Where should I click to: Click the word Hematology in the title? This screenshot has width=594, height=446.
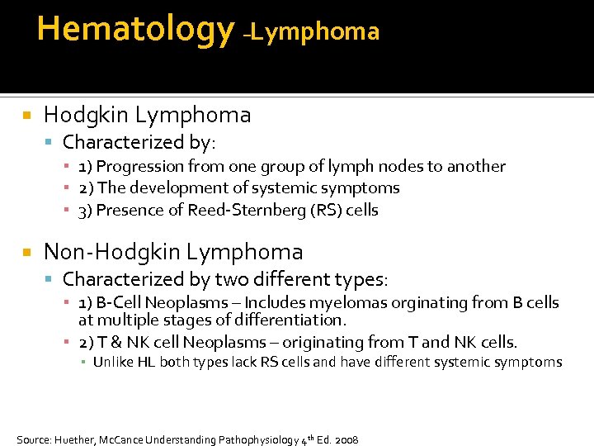[135, 29]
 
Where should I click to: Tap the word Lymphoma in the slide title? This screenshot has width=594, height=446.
[318, 32]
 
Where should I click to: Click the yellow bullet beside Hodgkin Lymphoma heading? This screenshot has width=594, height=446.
[27, 116]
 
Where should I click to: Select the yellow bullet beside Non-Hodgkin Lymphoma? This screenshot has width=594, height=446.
[27, 252]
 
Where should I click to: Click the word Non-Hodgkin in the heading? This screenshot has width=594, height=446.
[114, 251]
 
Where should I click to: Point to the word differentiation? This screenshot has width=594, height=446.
[295, 320]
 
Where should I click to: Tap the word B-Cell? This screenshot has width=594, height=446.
[120, 303]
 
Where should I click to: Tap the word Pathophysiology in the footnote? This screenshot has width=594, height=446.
[254, 439]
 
